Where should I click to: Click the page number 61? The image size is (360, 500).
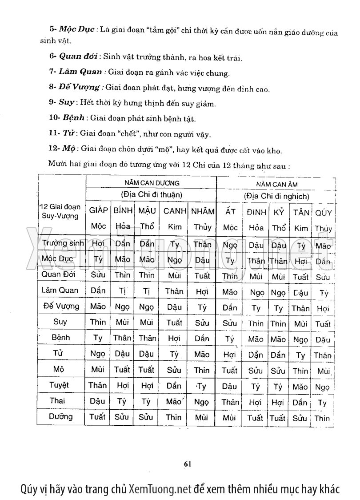187,464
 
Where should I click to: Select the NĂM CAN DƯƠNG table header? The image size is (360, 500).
152,182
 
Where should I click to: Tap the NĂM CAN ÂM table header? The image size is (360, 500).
276,184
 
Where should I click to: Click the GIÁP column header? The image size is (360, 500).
98,211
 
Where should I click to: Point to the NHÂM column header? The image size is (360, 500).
203,211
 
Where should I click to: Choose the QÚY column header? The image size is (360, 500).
323,213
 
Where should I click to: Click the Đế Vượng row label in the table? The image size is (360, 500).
61,306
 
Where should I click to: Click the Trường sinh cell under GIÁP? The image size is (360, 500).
98,244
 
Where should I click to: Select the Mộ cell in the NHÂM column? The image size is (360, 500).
202,370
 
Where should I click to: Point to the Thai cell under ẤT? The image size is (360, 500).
230,402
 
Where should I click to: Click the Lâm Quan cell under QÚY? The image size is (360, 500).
323,293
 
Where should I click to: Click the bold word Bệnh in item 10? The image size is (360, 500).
74,118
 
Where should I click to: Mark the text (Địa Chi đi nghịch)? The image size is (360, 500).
276,196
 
